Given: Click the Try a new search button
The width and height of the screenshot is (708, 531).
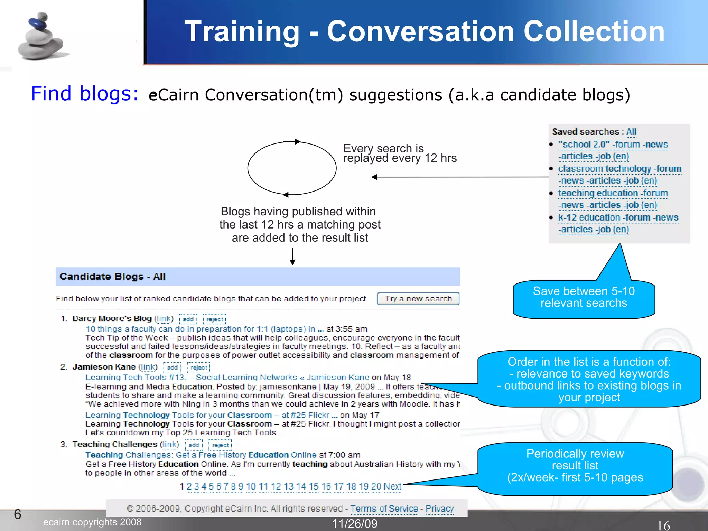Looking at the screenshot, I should pyautogui.click(x=418, y=299).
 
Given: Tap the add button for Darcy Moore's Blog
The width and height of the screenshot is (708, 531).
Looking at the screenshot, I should pyautogui.click(x=188, y=319).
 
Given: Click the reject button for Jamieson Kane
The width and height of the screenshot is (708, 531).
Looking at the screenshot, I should pyautogui.click(x=199, y=367).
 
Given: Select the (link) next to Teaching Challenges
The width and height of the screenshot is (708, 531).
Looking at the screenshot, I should pyautogui.click(x=170, y=444).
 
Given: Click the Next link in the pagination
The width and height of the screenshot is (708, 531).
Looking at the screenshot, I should pyautogui.click(x=392, y=486).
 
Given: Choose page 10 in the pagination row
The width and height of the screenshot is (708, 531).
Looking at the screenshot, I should pyautogui.click(x=251, y=486).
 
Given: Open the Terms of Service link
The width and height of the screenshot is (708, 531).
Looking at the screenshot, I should pyautogui.click(x=384, y=509).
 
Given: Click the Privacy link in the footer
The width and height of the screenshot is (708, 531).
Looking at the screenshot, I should pyautogui.click(x=439, y=509).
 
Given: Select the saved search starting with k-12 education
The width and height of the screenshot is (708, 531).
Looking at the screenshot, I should pyautogui.click(x=618, y=217).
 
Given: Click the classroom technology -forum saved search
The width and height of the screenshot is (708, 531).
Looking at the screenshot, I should pyautogui.click(x=619, y=169).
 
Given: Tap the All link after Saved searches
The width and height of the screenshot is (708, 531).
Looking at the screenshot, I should pyautogui.click(x=631, y=132).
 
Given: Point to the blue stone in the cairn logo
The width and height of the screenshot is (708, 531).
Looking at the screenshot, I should pyautogui.click(x=38, y=24).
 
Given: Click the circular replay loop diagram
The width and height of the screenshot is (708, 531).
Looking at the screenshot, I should pyautogui.click(x=292, y=168).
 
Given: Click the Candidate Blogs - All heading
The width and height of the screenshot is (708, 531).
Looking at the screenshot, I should pyautogui.click(x=112, y=277).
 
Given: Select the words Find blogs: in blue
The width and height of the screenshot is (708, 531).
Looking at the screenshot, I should pyautogui.click(x=85, y=94).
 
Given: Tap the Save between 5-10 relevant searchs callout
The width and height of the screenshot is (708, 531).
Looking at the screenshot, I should pyautogui.click(x=584, y=297).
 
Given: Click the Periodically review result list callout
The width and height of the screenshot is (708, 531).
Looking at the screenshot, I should pyautogui.click(x=575, y=466).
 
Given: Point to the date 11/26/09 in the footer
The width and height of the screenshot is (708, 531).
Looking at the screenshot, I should pyautogui.click(x=355, y=523).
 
